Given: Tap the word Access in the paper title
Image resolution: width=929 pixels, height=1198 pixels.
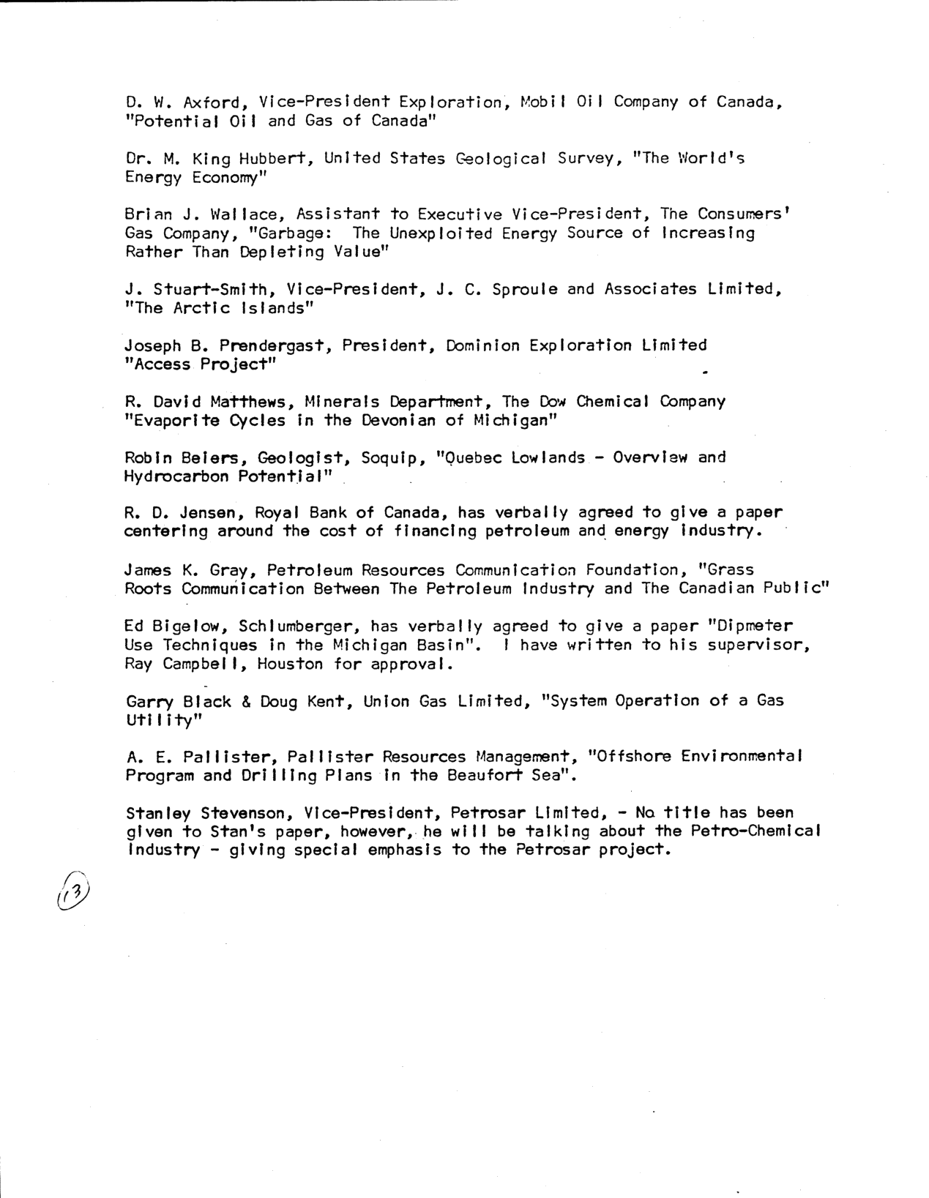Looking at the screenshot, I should pos(157,364).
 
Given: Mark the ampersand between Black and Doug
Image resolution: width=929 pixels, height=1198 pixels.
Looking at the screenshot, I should pos(247,701).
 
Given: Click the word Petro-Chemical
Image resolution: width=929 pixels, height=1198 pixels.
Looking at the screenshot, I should pos(759,831).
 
